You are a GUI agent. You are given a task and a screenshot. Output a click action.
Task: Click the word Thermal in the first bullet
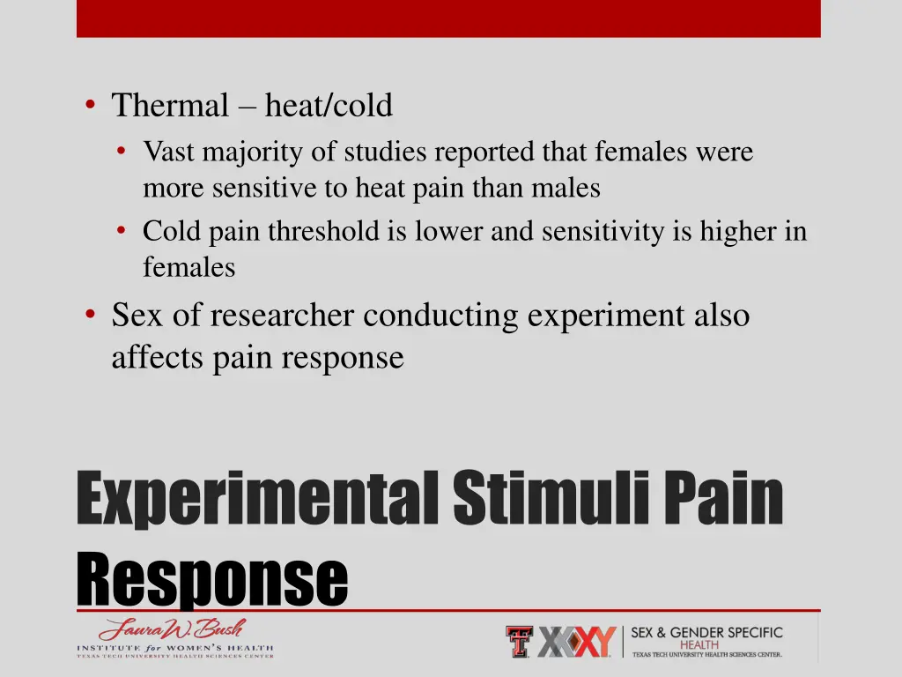click(x=169, y=106)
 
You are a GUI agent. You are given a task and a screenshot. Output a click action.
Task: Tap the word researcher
click(x=284, y=316)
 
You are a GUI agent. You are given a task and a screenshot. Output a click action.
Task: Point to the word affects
click(x=158, y=358)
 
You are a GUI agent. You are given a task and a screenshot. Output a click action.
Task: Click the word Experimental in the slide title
click(x=256, y=499)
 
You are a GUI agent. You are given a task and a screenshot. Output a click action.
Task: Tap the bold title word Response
click(x=211, y=580)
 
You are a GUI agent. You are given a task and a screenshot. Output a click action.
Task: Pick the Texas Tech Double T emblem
click(x=519, y=642)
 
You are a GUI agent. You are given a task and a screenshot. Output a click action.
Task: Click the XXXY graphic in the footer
click(x=576, y=643)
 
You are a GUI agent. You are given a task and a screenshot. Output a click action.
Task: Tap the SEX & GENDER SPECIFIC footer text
click(x=706, y=633)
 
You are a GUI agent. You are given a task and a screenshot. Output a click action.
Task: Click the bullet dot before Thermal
click(x=91, y=106)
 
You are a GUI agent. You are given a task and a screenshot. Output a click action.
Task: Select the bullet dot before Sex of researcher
click(x=91, y=315)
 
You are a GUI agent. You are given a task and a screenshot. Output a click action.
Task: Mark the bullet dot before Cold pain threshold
click(x=122, y=232)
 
